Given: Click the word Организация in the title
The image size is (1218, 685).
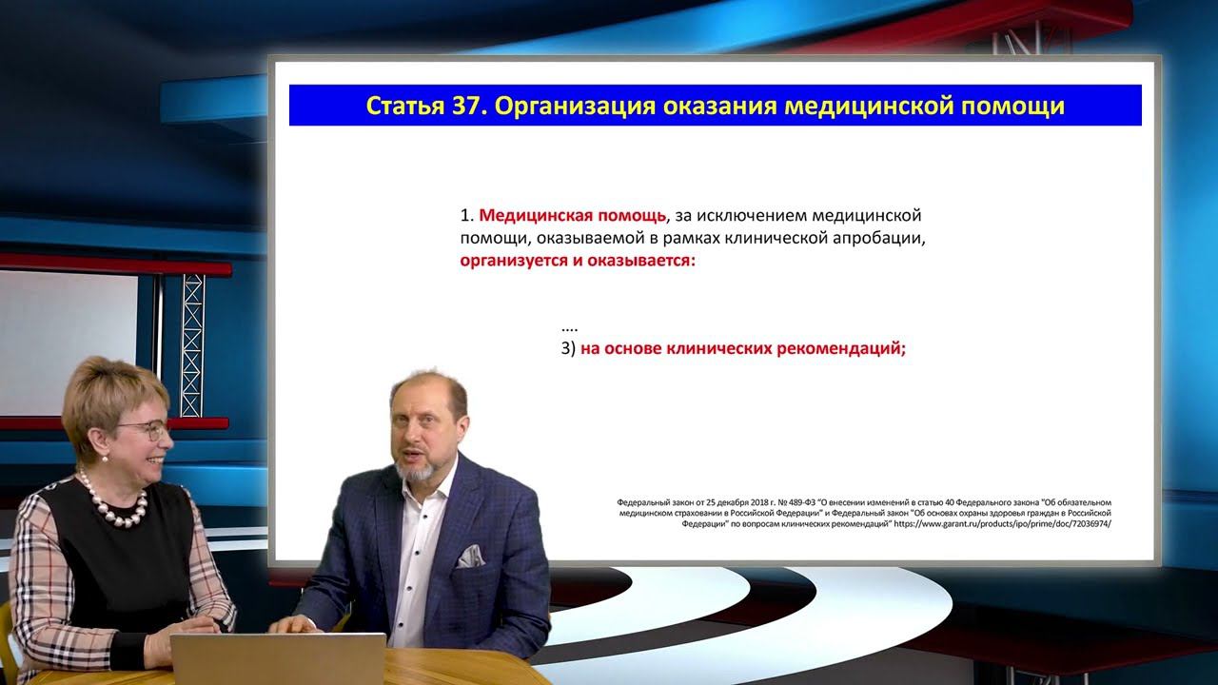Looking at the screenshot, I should [x=568, y=106].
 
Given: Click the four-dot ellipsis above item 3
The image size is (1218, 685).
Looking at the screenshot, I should [x=570, y=326].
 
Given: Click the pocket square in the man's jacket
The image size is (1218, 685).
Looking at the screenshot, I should [x=470, y=557].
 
